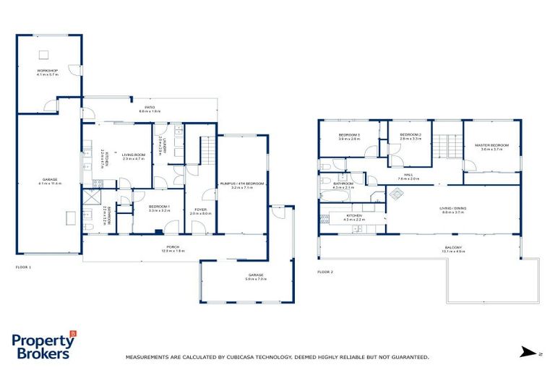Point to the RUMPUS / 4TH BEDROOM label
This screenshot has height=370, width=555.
click(241, 185)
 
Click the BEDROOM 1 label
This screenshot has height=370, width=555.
click(159, 208)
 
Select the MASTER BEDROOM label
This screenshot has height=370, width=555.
click(491, 146)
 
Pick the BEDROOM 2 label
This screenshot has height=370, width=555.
click(410, 137)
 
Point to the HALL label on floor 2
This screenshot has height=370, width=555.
click(408, 176)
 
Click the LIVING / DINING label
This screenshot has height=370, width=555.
click(453, 210)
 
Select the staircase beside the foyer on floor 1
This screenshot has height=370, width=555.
click(207, 150)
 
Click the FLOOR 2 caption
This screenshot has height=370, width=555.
click(325, 272)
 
